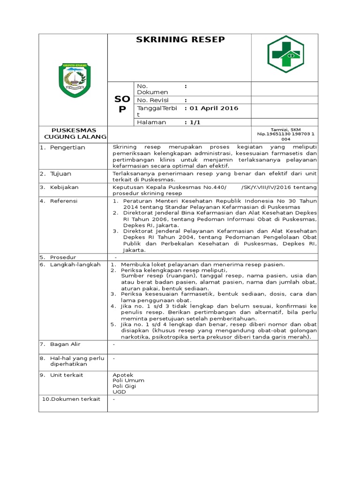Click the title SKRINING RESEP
coord(180,40)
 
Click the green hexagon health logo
coord(285,54)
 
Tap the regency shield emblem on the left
coord(75,79)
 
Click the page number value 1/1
coord(195,122)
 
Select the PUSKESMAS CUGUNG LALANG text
coord(74,134)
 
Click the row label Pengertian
coord(68,148)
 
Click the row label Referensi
coord(64,201)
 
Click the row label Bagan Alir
coord(66,345)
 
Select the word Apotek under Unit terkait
coord(123,375)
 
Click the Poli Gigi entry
coord(124,386)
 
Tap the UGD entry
coord(119,392)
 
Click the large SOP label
coord(122,104)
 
